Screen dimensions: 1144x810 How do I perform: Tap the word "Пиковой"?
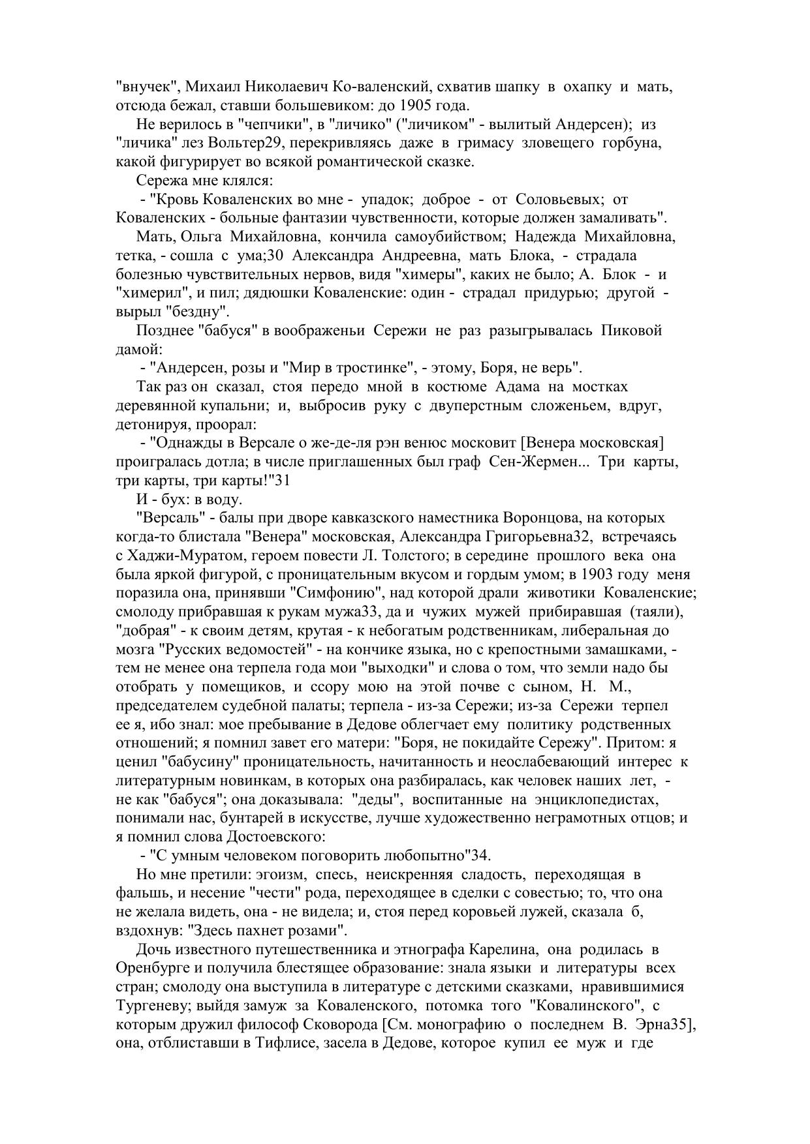coord(632,330)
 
